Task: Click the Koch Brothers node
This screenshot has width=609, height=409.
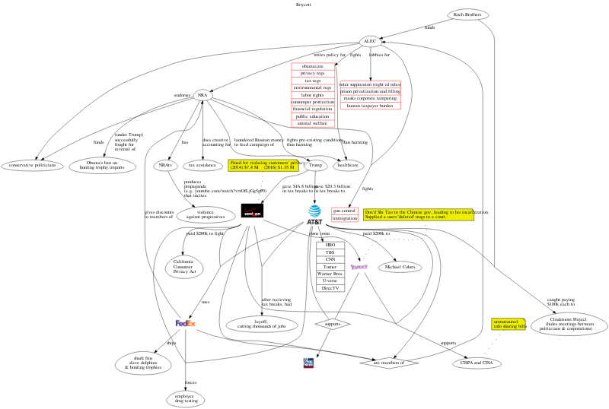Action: coord(467,14)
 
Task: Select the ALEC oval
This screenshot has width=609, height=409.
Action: coord(370,41)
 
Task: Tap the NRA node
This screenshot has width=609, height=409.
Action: coord(202,96)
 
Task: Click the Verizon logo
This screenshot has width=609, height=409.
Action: coord(252,211)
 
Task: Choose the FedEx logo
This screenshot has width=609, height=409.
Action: coord(186,323)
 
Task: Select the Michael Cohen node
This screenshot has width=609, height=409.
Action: coord(400,268)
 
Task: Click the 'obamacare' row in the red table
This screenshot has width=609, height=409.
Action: coord(313,66)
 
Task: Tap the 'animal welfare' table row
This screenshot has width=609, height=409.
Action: coord(313,123)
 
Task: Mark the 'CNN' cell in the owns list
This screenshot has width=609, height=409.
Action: coord(330,260)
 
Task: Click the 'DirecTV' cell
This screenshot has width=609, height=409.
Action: coord(330,288)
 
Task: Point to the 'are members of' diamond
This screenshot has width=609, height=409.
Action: coord(391,363)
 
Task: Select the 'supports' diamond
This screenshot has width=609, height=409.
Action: coord(332,325)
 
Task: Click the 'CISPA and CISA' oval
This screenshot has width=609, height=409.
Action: coord(477,363)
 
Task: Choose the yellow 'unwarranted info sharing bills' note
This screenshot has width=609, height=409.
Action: coord(509,325)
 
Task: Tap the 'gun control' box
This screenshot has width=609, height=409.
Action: coord(345,211)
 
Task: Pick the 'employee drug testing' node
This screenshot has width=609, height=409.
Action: coord(186,398)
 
